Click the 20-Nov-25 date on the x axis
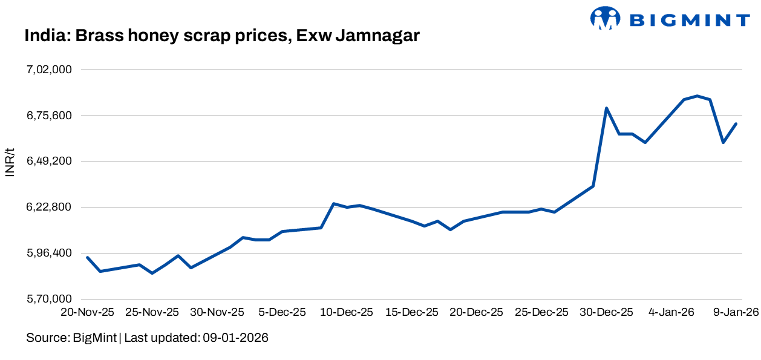pos(87,313)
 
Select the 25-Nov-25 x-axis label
pos(152,313)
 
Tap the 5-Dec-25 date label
pos(283,313)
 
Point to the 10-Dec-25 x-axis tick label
pos(347,313)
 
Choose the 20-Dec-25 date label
pos(477,313)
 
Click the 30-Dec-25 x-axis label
pos(607,313)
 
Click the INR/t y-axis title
pos(10,162)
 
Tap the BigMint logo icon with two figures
pos(606,18)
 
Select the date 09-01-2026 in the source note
pos(234,338)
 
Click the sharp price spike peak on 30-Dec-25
pos(606,108)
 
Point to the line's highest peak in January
pos(697,96)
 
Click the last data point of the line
pos(736,123)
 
